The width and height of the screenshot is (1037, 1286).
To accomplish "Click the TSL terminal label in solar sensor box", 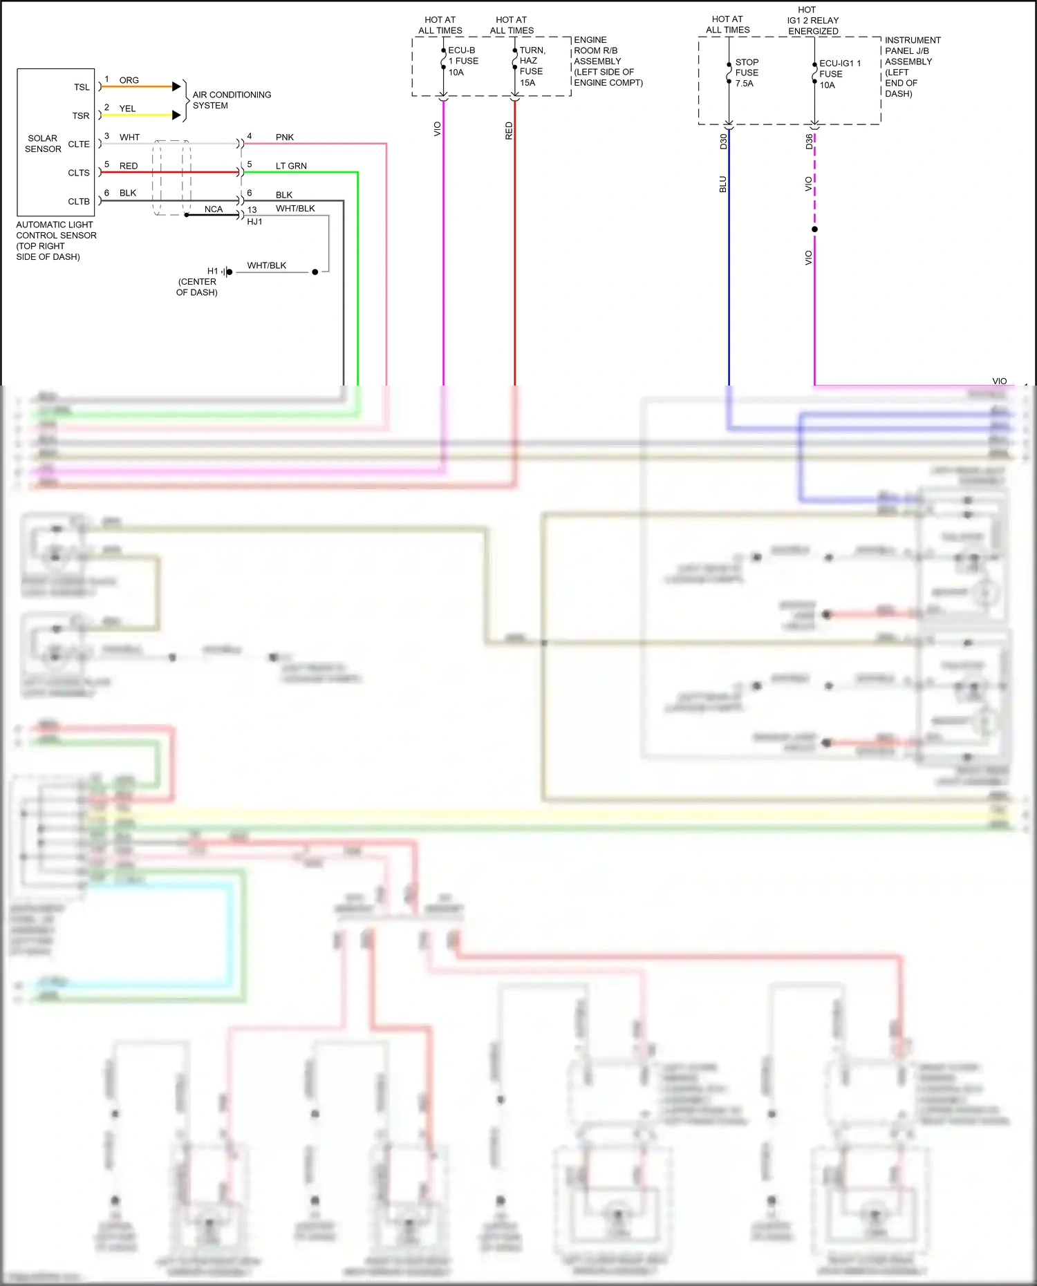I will tap(82, 87).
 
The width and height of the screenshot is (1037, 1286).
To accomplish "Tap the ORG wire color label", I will tap(129, 80).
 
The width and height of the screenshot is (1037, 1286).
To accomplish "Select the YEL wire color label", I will tap(127, 108).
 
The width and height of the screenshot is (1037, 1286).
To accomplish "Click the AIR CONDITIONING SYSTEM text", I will tap(232, 100).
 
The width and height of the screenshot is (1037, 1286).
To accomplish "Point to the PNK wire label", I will tap(285, 138).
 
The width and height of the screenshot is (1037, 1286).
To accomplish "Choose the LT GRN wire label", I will tap(291, 166).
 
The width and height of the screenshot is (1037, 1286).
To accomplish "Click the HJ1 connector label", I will tap(254, 222).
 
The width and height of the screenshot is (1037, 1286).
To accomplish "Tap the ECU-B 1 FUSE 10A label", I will tap(463, 62).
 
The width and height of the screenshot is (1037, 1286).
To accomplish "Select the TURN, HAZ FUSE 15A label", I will tap(532, 66).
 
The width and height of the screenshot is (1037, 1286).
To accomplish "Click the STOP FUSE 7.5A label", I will tap(747, 73).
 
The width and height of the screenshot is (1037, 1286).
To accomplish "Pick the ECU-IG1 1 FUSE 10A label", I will tap(839, 74).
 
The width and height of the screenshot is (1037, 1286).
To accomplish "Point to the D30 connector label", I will tap(723, 142).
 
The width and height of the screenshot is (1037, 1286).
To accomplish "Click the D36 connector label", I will tap(809, 142).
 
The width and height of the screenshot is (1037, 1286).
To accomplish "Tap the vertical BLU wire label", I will tap(722, 185).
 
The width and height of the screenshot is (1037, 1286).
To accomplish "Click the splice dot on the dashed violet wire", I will tap(814, 229).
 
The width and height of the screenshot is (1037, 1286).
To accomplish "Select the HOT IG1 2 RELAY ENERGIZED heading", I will tap(813, 21).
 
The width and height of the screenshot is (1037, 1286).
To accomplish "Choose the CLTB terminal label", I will tap(79, 202).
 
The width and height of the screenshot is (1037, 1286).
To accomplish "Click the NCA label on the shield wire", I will tap(214, 209).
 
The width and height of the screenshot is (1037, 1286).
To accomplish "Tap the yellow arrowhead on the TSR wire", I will tap(176, 115).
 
